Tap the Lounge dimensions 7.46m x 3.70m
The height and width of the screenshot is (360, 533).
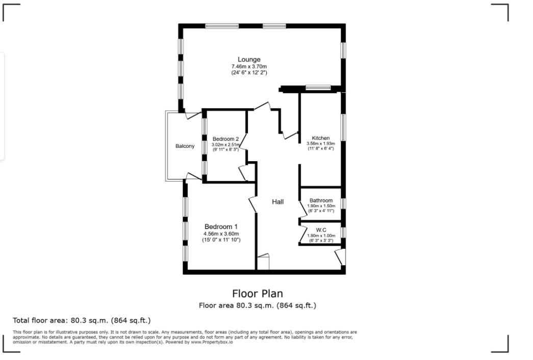pos(249,67)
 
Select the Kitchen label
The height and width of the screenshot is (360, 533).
pos(321,138)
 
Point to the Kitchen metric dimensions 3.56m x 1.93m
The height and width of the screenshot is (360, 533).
pos(321,144)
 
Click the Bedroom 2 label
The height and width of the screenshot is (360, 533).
pos(226,139)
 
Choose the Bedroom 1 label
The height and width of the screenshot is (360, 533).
pos(221,227)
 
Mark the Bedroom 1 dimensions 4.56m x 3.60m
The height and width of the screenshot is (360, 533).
pos(221,234)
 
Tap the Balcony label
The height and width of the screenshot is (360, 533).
pos(185,147)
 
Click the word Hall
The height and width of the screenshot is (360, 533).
pos(277,202)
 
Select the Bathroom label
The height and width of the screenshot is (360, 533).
pos(321,200)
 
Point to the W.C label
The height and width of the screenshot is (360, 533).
pos(321,230)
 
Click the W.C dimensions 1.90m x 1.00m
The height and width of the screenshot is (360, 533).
pos(321,236)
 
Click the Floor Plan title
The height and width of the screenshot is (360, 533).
pos(257,294)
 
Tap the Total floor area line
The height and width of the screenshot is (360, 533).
pos(82,321)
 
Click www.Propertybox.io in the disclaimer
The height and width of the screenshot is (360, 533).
pos(212,342)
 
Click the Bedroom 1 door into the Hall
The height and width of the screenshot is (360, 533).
pos(252,204)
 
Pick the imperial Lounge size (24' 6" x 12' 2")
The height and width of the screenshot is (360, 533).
pos(249,73)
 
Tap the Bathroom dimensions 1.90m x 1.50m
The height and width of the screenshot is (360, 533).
pos(321,206)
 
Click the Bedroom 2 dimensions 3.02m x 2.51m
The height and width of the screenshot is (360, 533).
pos(226,145)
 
